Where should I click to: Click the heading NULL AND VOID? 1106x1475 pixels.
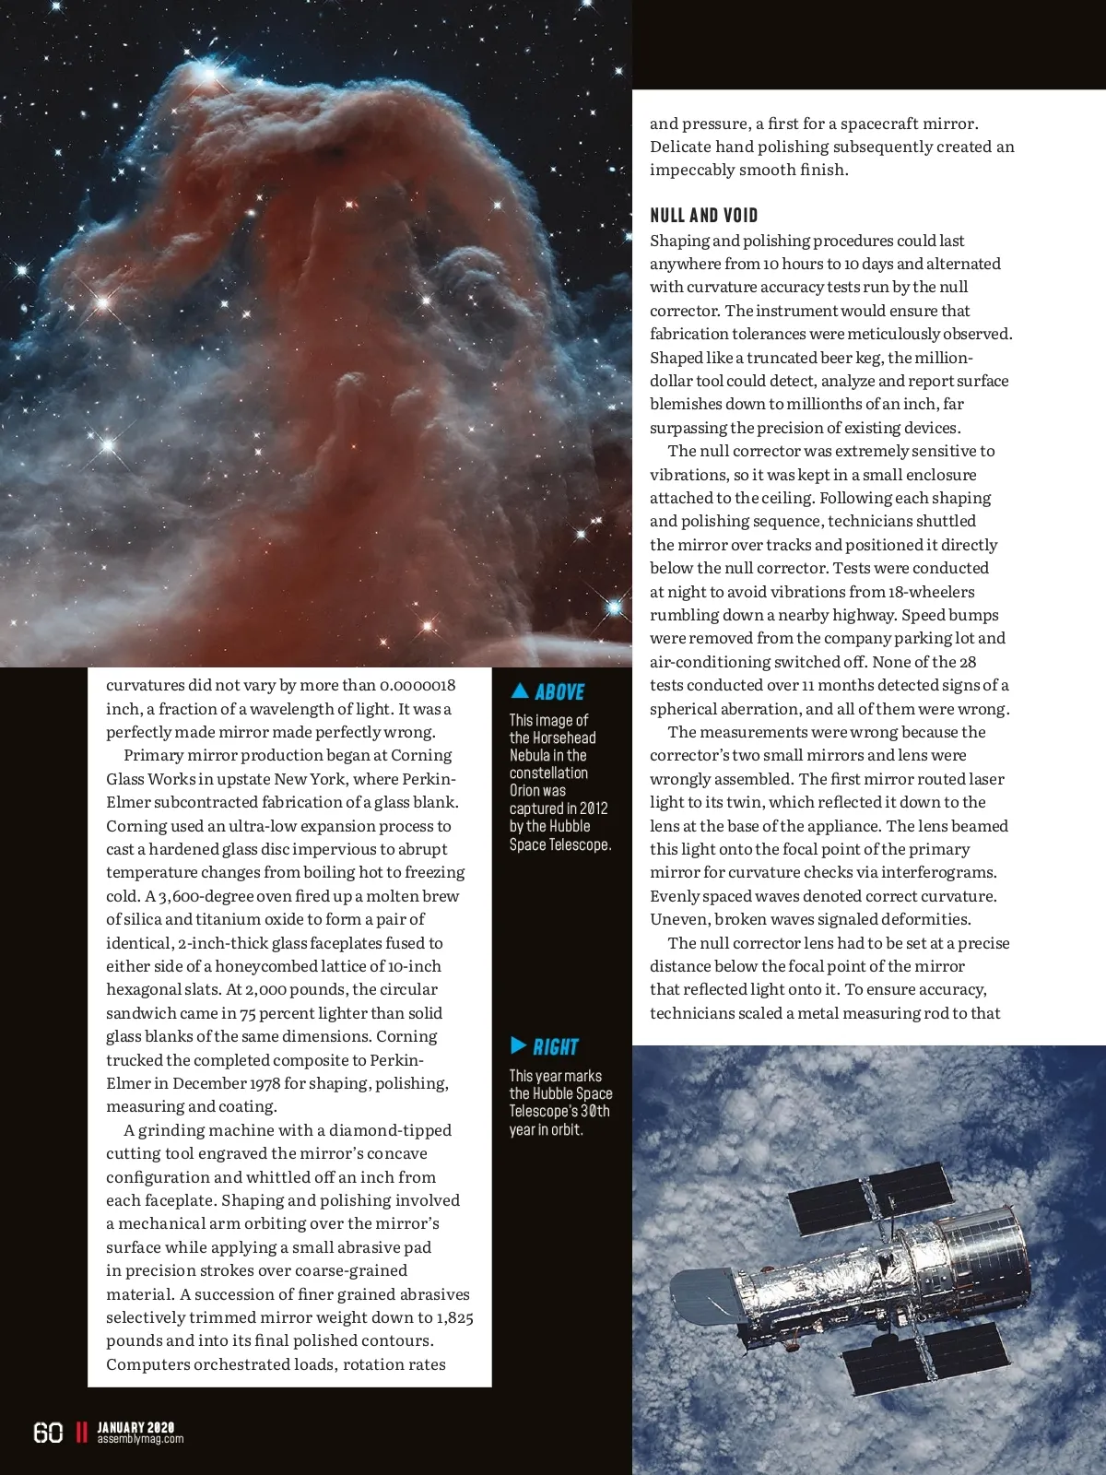tap(704, 216)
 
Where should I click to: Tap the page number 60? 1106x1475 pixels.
tap(48, 1433)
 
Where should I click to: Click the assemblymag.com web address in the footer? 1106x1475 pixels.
tap(140, 1439)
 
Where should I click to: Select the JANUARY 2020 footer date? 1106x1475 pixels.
tap(135, 1427)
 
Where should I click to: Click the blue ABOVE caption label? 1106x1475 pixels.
tap(559, 692)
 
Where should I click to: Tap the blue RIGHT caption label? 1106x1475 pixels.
tap(555, 1047)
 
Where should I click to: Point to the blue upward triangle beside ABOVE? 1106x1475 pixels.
tap(520, 690)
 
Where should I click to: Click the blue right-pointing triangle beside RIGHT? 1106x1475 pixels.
tap(519, 1045)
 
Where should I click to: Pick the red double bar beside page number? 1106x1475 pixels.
tap(81, 1433)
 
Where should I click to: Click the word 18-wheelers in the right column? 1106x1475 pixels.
tap(931, 592)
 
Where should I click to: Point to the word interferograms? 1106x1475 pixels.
tap(939, 872)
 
